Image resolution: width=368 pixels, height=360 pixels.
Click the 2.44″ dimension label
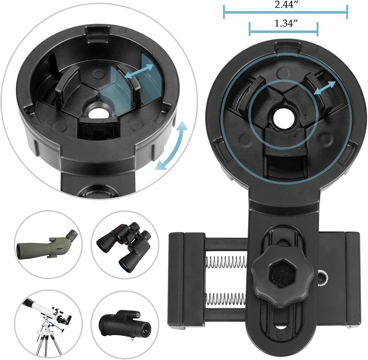(284, 5)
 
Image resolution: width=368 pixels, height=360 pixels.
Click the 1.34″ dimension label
(284, 24)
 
